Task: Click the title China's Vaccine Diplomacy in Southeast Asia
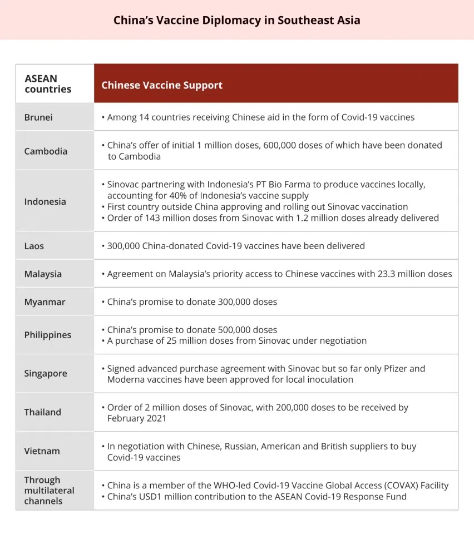click(x=236, y=21)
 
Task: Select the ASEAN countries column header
click(x=48, y=84)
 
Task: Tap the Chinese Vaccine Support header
click(x=162, y=85)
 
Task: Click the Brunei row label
click(x=38, y=117)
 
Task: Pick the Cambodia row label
click(x=46, y=151)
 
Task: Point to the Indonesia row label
click(x=45, y=201)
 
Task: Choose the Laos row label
click(x=34, y=245)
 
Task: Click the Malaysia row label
click(x=43, y=274)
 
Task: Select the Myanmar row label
click(x=45, y=302)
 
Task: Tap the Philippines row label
click(x=48, y=335)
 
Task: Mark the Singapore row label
click(x=46, y=373)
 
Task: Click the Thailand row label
click(x=42, y=412)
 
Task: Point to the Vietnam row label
click(x=42, y=451)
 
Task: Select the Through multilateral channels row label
click(x=49, y=490)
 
